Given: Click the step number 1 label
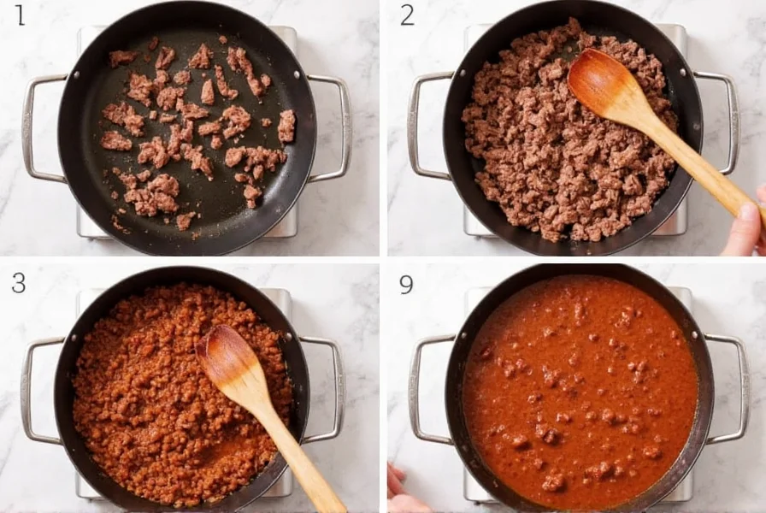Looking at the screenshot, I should coord(20,15).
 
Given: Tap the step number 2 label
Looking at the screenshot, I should coord(407,15).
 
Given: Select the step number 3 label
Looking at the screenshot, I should coord(19,282).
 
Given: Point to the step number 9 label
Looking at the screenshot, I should coord(406,283).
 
